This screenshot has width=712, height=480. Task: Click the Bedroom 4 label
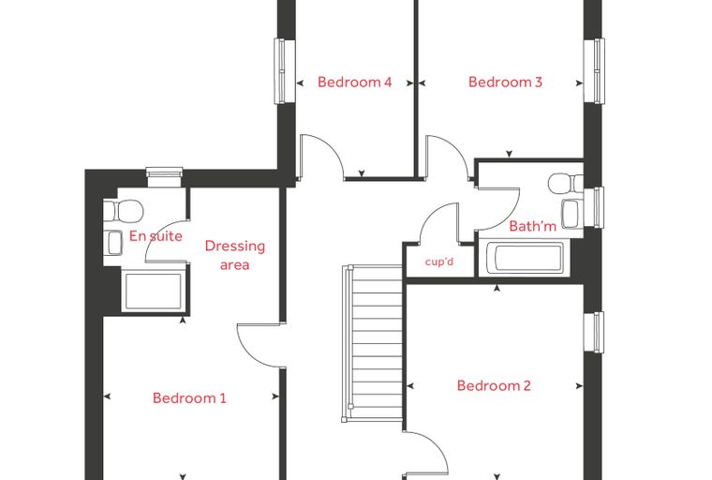point(354,82)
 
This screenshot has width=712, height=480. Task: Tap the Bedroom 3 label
point(505,82)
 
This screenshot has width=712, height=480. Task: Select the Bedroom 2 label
point(494,386)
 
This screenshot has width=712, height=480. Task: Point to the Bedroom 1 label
point(189,398)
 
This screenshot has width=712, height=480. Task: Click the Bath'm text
point(533,226)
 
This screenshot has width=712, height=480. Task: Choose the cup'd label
point(439,262)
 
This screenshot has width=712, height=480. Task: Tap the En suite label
point(156,236)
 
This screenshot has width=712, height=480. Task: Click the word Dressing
point(235,247)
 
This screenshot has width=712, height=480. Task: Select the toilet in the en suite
point(124,210)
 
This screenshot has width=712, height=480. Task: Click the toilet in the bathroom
point(566,183)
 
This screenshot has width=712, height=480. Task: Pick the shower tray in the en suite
point(154,291)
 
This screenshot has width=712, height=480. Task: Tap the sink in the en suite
point(113,243)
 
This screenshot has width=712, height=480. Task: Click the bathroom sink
point(572,213)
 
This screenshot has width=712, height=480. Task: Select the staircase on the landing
point(372,344)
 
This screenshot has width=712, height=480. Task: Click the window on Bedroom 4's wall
point(284,71)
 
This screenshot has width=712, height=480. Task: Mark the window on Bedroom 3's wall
point(594,71)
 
